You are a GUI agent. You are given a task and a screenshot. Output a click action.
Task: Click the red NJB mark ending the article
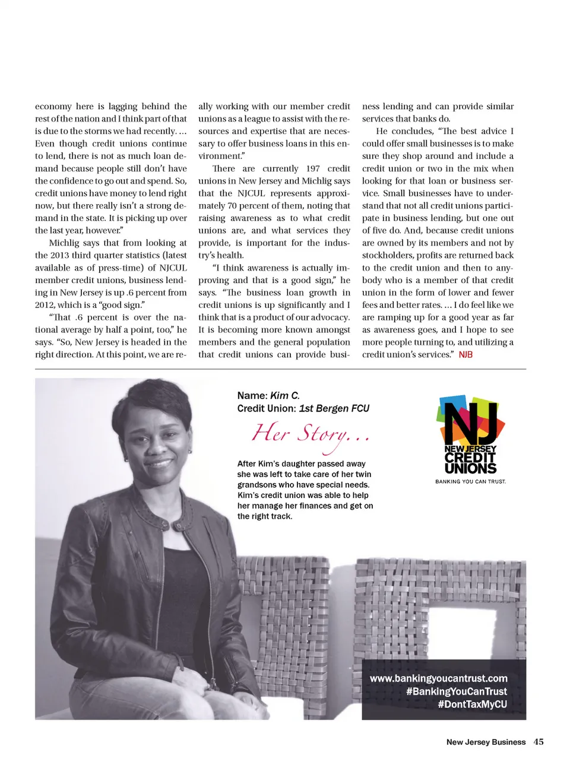coord(465,354)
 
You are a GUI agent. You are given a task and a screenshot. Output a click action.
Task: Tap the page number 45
coord(539,741)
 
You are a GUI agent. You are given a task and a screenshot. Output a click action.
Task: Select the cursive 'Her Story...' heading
coord(310,434)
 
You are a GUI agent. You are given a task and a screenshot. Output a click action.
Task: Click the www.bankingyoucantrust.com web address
coord(438,678)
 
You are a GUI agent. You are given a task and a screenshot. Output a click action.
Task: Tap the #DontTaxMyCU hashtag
coord(472,704)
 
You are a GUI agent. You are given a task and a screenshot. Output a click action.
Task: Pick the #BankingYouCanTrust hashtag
coord(456,691)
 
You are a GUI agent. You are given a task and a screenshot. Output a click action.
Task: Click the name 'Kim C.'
coord(284,395)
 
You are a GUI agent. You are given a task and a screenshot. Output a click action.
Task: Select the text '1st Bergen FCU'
coord(334,408)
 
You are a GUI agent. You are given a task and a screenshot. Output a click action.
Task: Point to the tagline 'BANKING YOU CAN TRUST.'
coord(470,481)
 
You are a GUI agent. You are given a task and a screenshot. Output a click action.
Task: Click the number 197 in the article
coord(313,169)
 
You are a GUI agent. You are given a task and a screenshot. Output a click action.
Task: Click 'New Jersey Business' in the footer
coord(486,742)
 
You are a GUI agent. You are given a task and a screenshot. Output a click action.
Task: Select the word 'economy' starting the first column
coord(53,106)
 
